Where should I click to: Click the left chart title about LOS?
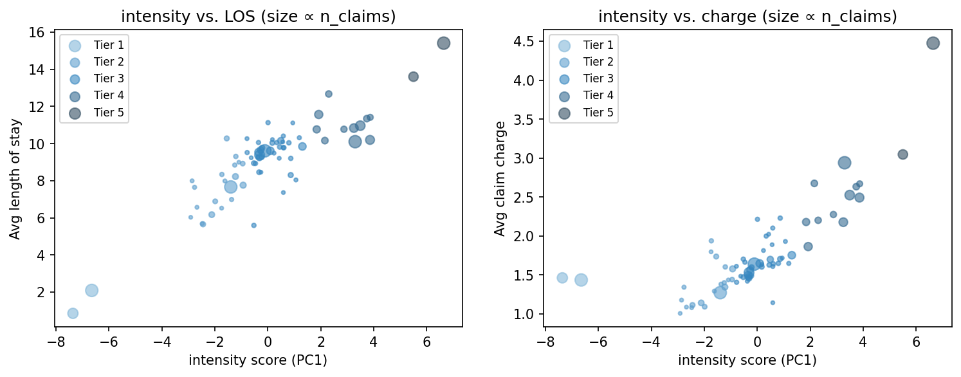258,17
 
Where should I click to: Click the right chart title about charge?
747,17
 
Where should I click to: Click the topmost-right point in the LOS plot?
443,43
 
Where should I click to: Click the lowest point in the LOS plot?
73,313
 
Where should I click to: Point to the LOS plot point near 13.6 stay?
413,77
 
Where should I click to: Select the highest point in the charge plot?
933,43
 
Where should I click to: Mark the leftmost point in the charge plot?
562,278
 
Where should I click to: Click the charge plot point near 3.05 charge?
902,154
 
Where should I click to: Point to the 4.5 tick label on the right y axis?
526,42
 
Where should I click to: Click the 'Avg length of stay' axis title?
15,179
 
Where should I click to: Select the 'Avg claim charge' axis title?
500,179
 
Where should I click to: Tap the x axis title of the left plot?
258,360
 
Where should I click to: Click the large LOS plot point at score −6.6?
91,290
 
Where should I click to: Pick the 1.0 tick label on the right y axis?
526,315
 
